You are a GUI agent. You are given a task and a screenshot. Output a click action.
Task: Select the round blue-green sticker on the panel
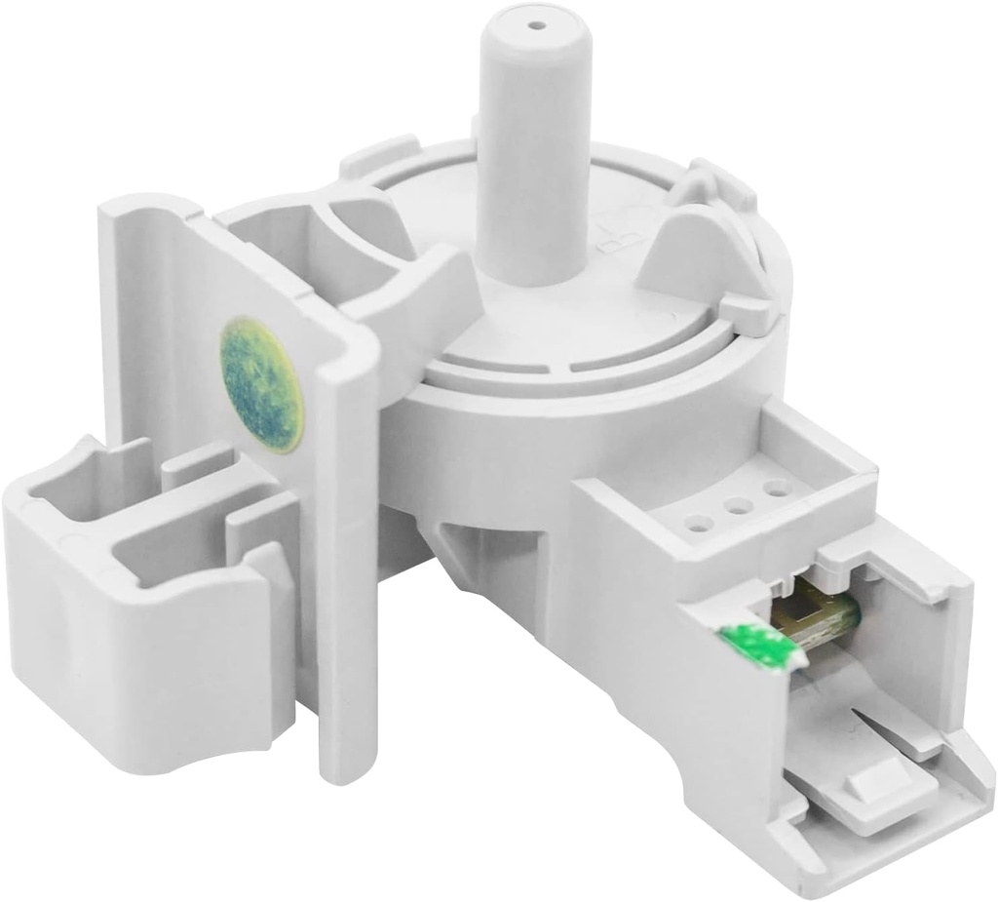click(x=261, y=383)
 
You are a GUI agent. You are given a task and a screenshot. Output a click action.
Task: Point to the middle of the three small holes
click(x=738, y=505)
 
